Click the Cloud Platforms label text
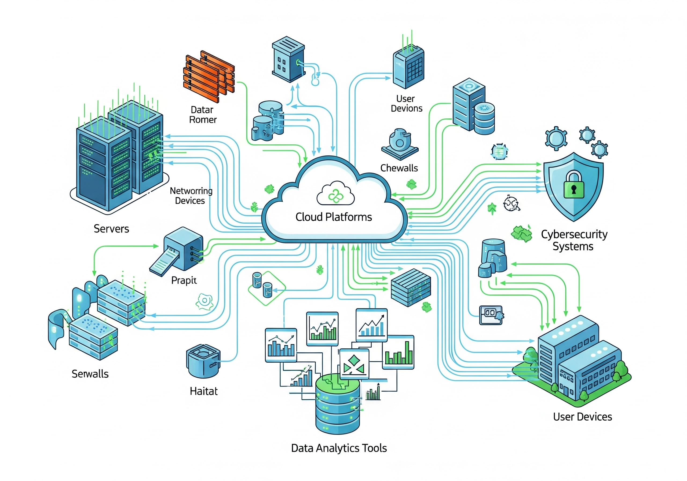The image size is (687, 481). (x=333, y=217)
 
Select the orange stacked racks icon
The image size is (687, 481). (x=209, y=76)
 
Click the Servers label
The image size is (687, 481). (x=111, y=229)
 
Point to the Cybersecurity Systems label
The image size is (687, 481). (x=573, y=240)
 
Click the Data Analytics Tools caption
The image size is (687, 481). (x=339, y=448)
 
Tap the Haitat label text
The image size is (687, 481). (x=203, y=391)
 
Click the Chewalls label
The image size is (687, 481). (x=399, y=168)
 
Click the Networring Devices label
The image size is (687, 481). (x=191, y=196)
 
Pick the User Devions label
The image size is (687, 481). (x=406, y=104)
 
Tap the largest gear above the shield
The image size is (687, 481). (x=556, y=138)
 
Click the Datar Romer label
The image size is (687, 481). (x=203, y=115)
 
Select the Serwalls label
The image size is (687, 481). (x=90, y=374)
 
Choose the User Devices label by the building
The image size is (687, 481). (x=582, y=417)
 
